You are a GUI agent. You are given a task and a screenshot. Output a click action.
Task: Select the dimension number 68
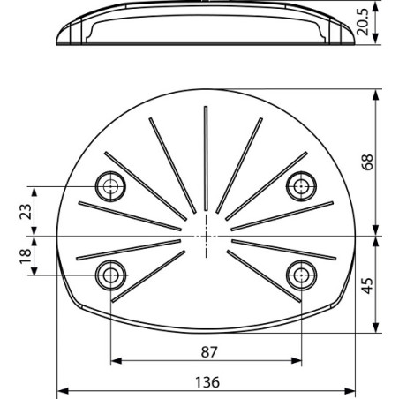click(368, 162)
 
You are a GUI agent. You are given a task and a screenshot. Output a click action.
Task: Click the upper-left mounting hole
click(110, 185)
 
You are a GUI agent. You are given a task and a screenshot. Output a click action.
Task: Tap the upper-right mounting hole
click(301, 185)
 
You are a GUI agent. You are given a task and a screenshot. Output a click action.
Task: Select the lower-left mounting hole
click(110, 275)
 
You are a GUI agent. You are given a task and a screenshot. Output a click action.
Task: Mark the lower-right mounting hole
click(301, 275)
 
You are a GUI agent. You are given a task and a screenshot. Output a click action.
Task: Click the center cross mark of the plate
click(206, 237)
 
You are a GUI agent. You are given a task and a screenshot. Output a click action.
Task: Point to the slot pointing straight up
click(206, 159)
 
